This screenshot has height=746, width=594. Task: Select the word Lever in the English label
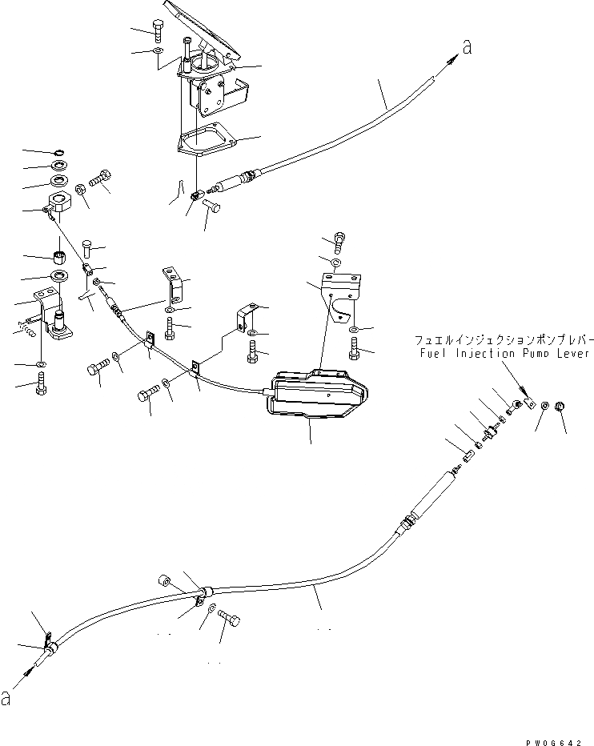click(572, 353)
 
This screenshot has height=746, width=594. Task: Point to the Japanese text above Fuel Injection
click(502, 339)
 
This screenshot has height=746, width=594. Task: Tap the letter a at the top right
click(467, 49)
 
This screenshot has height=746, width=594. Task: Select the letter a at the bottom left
click(7, 699)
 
